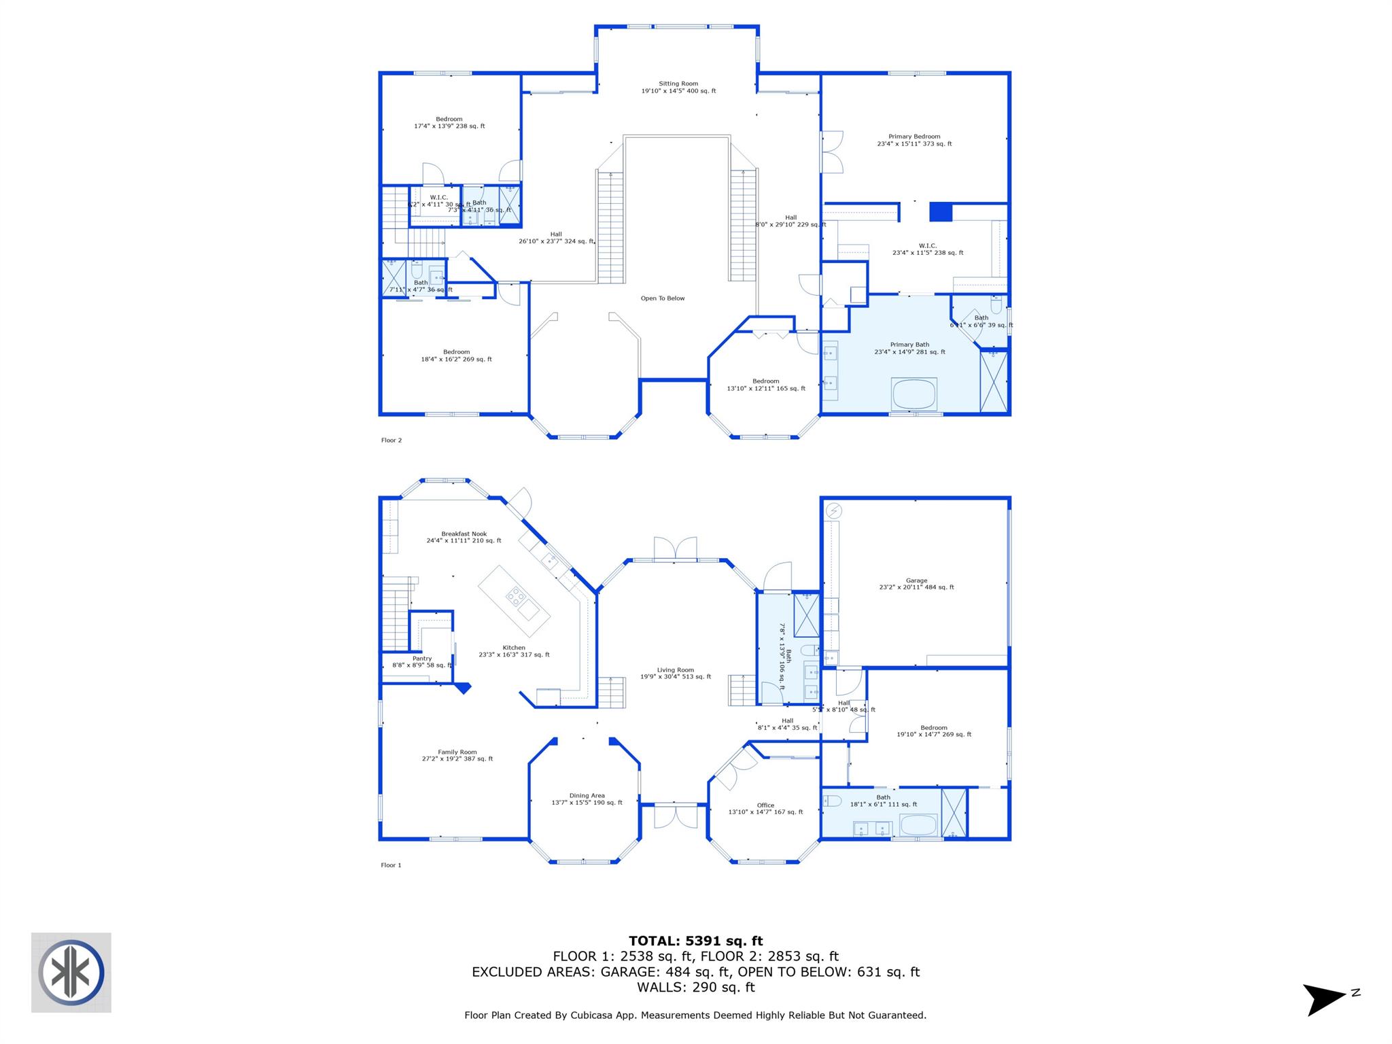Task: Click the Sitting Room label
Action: tap(678, 87)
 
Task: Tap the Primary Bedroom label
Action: tap(914, 140)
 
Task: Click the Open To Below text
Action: tap(663, 298)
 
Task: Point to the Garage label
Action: tap(916, 583)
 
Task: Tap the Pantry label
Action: tap(421, 661)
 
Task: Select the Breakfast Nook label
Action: tap(464, 537)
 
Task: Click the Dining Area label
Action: tap(587, 799)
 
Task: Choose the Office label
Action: tap(765, 808)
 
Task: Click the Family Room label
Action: tap(457, 755)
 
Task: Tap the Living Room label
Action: tap(675, 673)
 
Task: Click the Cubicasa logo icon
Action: tap(71, 972)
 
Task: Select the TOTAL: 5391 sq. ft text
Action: tap(695, 941)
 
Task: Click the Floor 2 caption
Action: tap(391, 440)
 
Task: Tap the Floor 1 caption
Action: tap(391, 865)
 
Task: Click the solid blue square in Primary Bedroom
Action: tap(941, 212)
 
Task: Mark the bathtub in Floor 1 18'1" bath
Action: tap(918, 826)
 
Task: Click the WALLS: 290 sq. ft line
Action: tap(695, 987)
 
